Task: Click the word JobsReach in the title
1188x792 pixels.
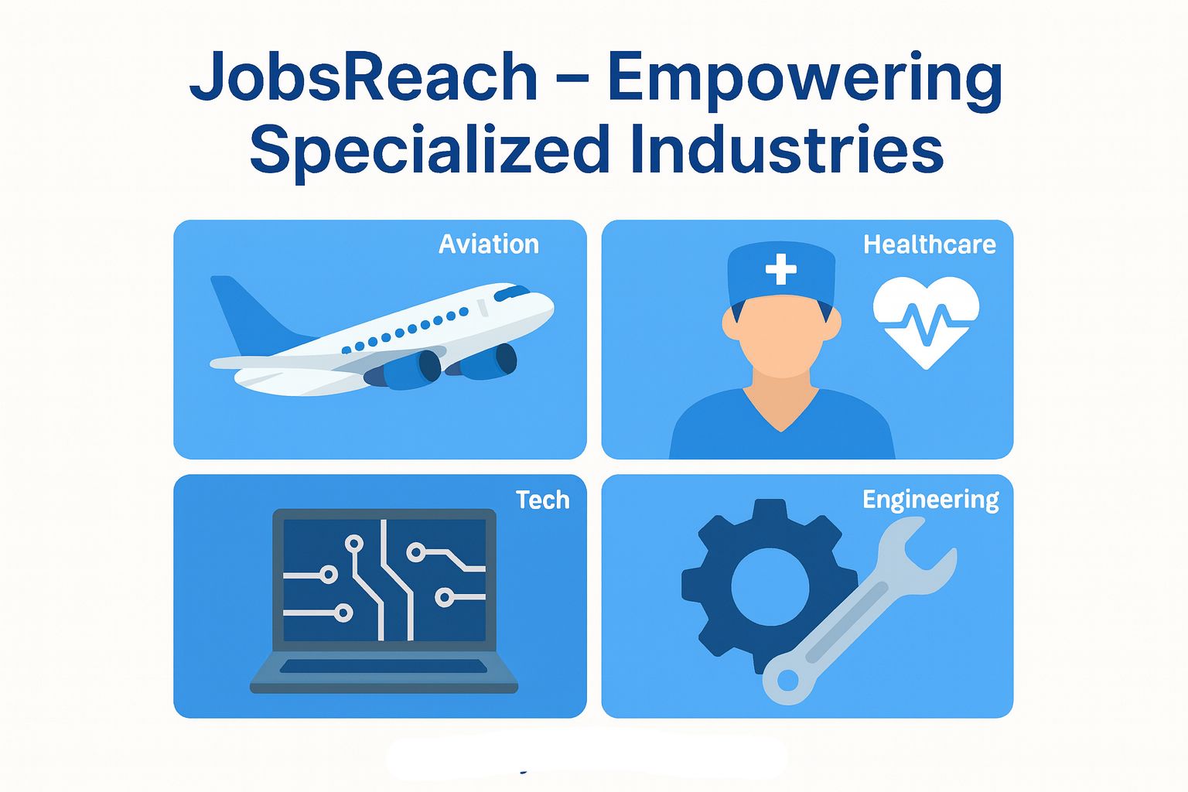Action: pos(363,77)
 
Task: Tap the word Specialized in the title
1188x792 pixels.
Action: pos(429,150)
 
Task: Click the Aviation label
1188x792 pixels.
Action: pos(488,244)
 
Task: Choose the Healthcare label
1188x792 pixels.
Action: pos(929,244)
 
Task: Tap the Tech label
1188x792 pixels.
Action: pos(542,500)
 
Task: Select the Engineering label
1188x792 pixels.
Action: pos(930,500)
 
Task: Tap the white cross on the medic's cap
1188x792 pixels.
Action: pos(780,269)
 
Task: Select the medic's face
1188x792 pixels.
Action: pos(781,340)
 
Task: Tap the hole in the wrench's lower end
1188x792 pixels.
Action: pos(787,681)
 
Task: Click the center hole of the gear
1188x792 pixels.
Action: pos(770,587)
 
